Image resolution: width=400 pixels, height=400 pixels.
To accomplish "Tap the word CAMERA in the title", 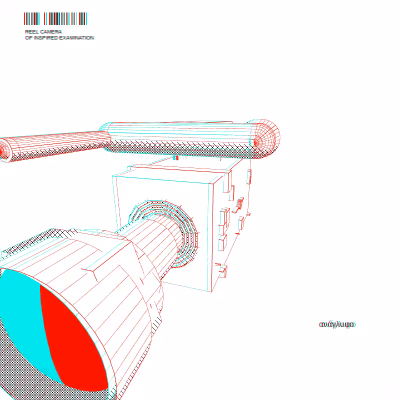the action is (51, 31).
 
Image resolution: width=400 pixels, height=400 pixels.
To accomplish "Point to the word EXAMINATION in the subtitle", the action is (77, 38).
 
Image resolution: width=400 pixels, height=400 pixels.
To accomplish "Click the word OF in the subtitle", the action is (28, 38).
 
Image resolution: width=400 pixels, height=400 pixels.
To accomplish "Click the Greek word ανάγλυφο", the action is (337, 324).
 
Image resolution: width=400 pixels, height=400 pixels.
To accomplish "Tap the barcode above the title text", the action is (55, 18).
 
